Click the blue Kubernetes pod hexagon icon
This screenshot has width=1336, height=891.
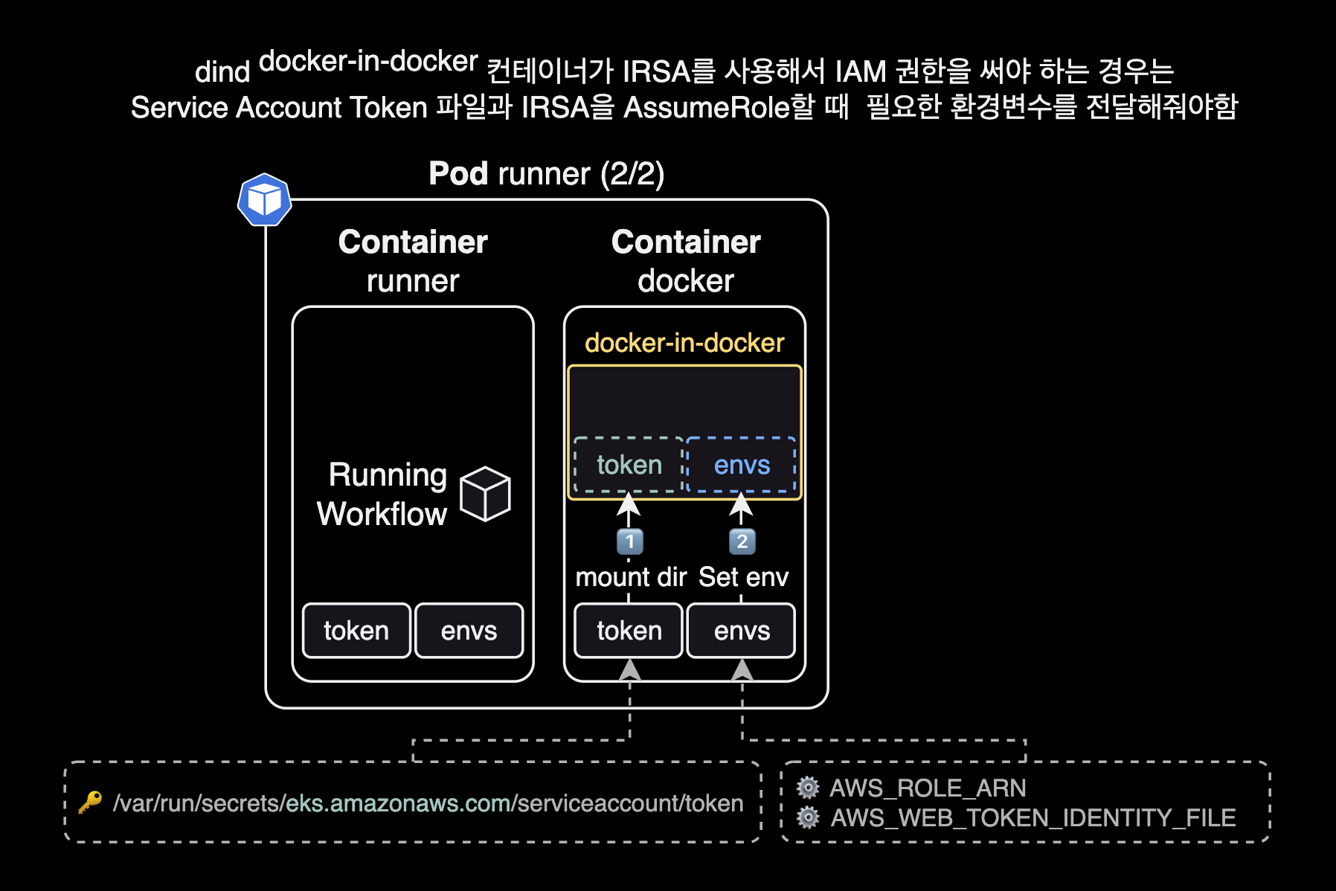click(264, 199)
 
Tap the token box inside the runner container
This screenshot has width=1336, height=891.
click(356, 631)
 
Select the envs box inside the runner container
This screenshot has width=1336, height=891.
click(469, 631)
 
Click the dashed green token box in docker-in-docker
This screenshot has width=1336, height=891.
click(629, 465)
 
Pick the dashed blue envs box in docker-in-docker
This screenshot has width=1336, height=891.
click(742, 465)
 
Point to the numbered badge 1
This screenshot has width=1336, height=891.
click(630, 541)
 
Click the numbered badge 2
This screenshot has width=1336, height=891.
click(742, 541)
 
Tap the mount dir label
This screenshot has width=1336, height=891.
click(631, 577)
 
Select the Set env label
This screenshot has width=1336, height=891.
click(743, 577)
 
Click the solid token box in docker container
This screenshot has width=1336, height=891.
click(629, 631)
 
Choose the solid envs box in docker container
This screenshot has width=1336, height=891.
click(742, 631)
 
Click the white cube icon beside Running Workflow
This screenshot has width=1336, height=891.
click(485, 494)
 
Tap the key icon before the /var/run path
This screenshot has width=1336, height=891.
click(90, 802)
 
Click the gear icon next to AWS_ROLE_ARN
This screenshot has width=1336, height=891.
click(808, 788)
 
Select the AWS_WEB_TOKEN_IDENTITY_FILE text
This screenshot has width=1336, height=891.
click(1032, 818)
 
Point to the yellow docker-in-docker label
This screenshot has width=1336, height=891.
click(684, 343)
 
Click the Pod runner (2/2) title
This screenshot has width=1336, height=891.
click(546, 174)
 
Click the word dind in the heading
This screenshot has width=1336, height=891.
click(222, 73)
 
